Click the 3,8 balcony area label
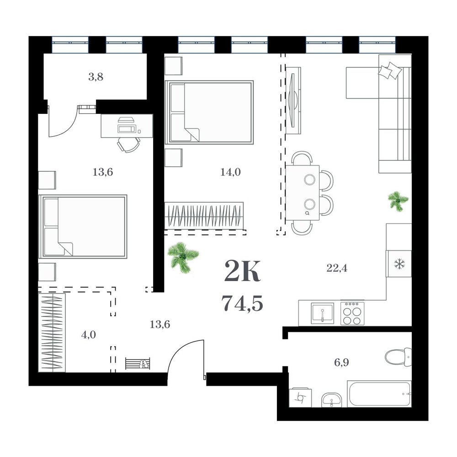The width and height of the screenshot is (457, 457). pyautogui.click(x=96, y=77)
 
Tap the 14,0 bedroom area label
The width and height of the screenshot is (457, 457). pyautogui.click(x=230, y=172)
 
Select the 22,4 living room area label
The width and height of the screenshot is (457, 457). pyautogui.click(x=337, y=268)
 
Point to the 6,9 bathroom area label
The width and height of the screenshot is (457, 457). pyautogui.click(x=341, y=363)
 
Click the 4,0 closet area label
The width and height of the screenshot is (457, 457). pyautogui.click(x=89, y=335)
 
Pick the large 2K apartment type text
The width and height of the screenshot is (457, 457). pyautogui.click(x=242, y=271)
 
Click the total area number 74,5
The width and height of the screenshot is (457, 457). pyautogui.click(x=242, y=303)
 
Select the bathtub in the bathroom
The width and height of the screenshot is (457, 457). pyautogui.click(x=379, y=393)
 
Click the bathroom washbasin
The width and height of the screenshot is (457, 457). pyautogui.click(x=332, y=400)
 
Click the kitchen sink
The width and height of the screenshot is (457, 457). pyautogui.click(x=322, y=314)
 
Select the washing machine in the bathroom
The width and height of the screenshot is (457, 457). pyautogui.click(x=300, y=397)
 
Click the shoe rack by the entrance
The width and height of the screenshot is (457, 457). pyautogui.click(x=138, y=363)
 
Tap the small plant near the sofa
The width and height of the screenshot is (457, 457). pyautogui.click(x=398, y=200)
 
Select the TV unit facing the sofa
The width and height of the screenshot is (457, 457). pyautogui.click(x=293, y=101)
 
